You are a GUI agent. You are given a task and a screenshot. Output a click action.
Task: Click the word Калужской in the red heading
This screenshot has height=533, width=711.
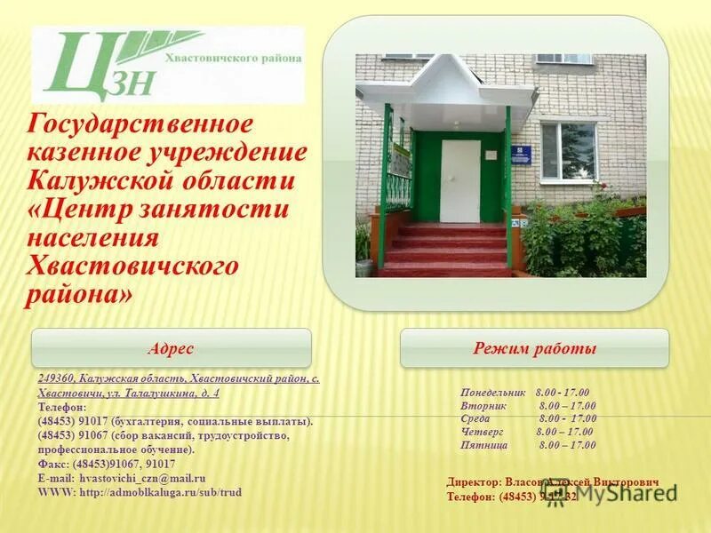99,181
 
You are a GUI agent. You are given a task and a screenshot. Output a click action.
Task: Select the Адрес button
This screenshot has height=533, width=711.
172,348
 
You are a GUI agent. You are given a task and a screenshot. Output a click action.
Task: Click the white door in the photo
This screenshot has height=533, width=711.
459,181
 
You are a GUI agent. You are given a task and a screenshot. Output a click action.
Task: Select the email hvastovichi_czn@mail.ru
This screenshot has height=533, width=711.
142,478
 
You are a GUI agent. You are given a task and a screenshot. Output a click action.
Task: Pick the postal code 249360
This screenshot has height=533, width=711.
56,378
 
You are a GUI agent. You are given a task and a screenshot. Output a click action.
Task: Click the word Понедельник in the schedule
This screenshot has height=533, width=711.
493,393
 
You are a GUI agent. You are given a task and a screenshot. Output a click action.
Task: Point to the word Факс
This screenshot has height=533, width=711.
52,464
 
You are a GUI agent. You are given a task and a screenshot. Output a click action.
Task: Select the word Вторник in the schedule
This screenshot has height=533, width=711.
483,406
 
